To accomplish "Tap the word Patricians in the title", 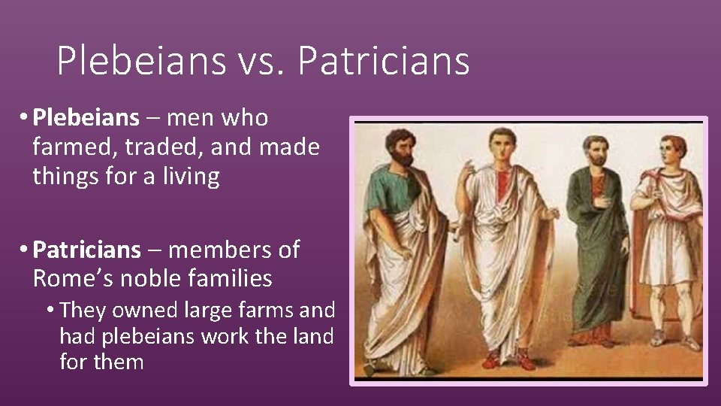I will point(383,62).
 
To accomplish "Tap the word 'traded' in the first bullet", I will point(156,147).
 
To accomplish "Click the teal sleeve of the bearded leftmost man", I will point(376,192).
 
